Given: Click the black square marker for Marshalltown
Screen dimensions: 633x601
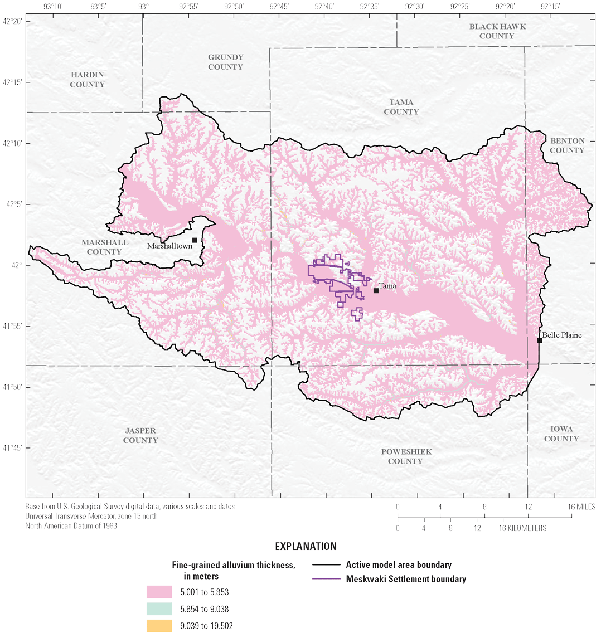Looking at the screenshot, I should (195, 240).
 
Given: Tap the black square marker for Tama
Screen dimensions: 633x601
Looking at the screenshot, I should (376, 290).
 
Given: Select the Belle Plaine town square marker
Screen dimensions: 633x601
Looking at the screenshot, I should (540, 340).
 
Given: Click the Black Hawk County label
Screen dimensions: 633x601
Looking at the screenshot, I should (497, 31).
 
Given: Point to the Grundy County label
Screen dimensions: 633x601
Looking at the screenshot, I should (226, 62).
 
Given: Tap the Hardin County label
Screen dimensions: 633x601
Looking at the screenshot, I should (88, 80).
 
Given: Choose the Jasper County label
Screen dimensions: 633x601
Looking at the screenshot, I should (140, 435).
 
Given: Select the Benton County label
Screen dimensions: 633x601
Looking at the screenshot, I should (567, 145).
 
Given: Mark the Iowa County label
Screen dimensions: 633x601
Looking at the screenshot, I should (561, 434).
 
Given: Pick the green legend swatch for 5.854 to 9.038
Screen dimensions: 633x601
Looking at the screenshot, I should (159, 609).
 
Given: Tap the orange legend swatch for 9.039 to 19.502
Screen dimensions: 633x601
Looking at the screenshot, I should (159, 625).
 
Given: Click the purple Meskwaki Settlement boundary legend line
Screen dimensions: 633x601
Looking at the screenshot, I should (326, 579).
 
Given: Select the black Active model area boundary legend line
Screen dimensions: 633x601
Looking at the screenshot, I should (326, 565).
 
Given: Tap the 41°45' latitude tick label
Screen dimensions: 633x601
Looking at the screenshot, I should (12, 448).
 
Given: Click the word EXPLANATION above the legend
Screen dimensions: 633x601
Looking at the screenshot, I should (306, 547).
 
